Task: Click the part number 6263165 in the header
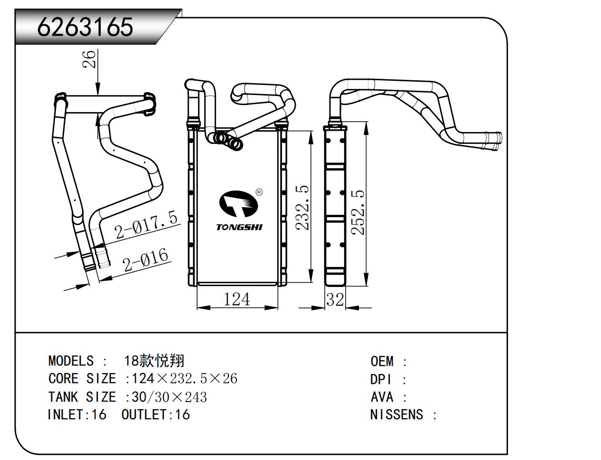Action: [85, 27]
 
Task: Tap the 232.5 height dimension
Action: [302, 208]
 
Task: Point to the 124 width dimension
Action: [236, 299]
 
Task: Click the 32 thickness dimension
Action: [335, 300]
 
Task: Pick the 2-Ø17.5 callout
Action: [146, 225]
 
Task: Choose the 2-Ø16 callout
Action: [145, 259]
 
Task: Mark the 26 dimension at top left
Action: [89, 59]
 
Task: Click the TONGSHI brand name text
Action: [239, 227]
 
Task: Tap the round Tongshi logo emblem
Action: [238, 204]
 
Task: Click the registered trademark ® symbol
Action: [259, 192]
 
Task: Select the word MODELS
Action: [71, 361]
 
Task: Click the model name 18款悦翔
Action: [154, 361]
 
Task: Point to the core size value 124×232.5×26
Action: [184, 379]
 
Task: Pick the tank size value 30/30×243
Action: [169, 397]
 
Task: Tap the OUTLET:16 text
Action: [156, 414]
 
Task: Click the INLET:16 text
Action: [77, 414]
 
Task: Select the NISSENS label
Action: [396, 414]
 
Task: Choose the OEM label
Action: [382, 361]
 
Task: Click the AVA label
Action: [382, 397]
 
